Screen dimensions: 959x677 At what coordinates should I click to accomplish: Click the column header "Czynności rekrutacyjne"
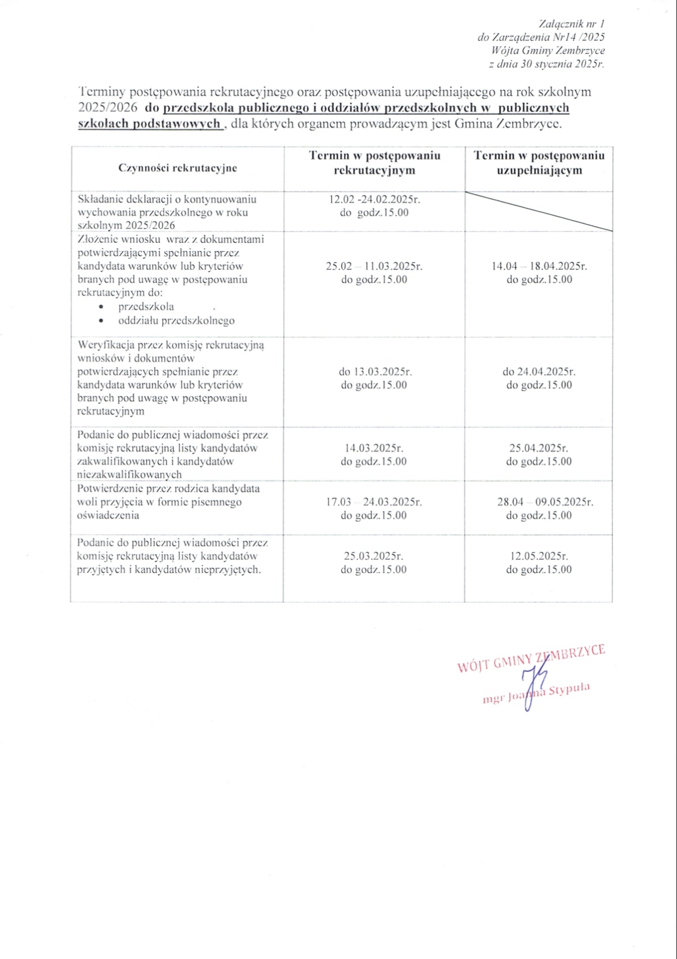pyautogui.click(x=177, y=168)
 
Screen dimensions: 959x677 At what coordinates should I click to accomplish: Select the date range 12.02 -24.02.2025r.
pyautogui.click(x=374, y=199)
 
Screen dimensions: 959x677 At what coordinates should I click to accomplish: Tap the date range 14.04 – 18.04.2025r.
pyautogui.click(x=539, y=266)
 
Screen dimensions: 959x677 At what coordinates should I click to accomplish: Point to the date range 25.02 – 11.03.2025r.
pyautogui.click(x=374, y=266)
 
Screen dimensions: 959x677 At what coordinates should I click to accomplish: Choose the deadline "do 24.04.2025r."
pyautogui.click(x=539, y=372)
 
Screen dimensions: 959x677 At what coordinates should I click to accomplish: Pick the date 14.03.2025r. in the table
pyautogui.click(x=374, y=448)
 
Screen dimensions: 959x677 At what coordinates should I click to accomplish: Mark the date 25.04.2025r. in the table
pyautogui.click(x=539, y=448)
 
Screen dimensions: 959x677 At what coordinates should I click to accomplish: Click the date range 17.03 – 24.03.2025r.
pyautogui.click(x=374, y=502)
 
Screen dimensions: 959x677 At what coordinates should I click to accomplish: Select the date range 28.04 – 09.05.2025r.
pyautogui.click(x=545, y=502)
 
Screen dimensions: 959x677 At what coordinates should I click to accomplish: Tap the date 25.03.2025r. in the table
pyautogui.click(x=374, y=556)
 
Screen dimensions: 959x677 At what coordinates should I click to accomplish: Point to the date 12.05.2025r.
pyautogui.click(x=539, y=556)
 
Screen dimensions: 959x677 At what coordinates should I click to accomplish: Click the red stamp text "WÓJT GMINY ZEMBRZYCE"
pyautogui.click(x=531, y=658)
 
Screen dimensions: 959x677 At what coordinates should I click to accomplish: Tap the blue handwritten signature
pyautogui.click(x=529, y=685)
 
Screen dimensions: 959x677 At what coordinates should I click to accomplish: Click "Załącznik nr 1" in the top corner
pyautogui.click(x=571, y=23)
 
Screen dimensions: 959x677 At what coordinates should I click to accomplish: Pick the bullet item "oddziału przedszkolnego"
pyautogui.click(x=176, y=321)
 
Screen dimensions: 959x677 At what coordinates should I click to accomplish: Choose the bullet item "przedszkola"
pyautogui.click(x=146, y=307)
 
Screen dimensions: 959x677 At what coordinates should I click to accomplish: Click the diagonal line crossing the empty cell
pyautogui.click(x=538, y=211)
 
